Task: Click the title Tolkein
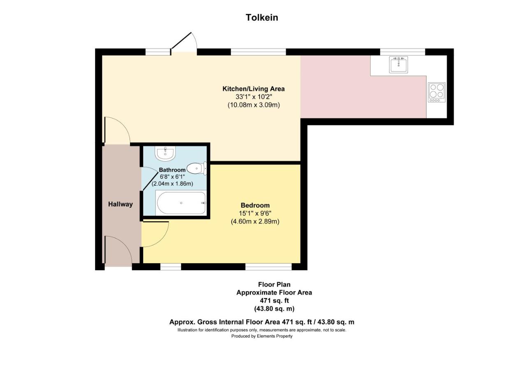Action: coord(262,18)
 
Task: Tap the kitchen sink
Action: coord(399,64)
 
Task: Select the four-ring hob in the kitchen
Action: coord(437,92)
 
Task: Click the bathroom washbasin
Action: coord(165,154)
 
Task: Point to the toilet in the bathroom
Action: coord(197,169)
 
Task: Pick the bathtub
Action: coord(181,203)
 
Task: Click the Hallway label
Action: coord(120,204)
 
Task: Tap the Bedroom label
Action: coord(255,205)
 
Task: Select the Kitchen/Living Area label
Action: coord(254,89)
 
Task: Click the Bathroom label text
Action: coord(172,170)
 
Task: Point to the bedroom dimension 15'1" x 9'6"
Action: coord(255,213)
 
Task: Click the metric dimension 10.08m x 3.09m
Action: coord(254,105)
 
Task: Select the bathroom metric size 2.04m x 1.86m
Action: coord(172,184)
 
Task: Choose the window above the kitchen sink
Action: coord(402,52)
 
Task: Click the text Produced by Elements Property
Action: coord(262,336)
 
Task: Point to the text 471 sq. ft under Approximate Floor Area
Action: coord(274,301)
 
